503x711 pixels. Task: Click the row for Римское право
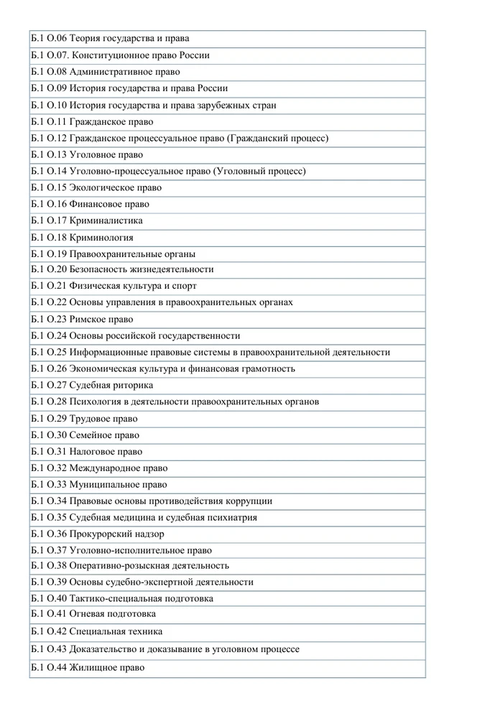101,320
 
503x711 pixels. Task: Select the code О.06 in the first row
57,39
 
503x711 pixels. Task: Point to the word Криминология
101,238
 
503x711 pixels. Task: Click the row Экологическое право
115,187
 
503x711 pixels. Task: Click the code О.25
57,353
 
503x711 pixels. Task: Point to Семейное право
104,435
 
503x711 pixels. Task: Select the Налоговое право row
106,452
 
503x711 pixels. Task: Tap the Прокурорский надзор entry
116,534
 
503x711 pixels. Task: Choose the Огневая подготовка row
112,614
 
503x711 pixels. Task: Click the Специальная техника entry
116,632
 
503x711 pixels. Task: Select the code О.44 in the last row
57,668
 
